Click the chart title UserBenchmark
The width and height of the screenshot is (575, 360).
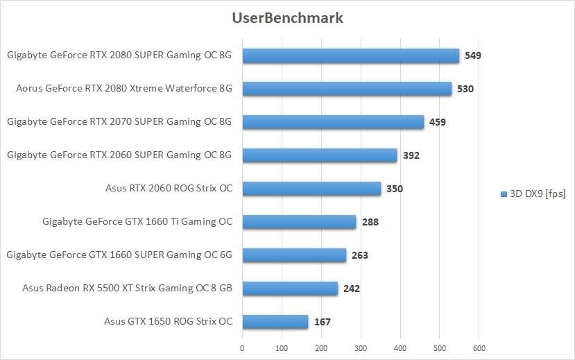coord(287,18)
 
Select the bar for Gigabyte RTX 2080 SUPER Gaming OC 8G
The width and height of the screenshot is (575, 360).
coord(350,55)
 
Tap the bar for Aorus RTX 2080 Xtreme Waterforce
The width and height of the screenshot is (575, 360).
coord(347,89)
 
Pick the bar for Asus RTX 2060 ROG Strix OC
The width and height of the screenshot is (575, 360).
coord(311,189)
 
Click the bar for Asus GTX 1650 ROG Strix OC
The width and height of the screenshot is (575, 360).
coord(275,322)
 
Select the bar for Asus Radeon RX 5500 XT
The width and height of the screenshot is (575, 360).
coord(290,289)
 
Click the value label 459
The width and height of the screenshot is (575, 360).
coord(437,122)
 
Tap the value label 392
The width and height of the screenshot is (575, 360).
coord(411,155)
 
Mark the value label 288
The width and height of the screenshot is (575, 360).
coord(370,222)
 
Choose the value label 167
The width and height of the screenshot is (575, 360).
coord(322,322)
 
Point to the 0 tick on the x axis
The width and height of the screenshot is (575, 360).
coord(242,348)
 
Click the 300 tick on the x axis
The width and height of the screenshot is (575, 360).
coord(361,348)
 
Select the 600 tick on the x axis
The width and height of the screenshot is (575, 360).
coord(479,348)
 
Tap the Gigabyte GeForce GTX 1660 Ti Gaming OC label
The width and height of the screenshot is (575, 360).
coord(137,222)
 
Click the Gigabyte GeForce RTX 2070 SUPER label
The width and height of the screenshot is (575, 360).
coord(119,122)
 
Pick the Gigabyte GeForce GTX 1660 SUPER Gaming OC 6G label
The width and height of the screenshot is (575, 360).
coord(119,255)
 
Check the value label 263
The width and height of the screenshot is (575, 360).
coord(359,255)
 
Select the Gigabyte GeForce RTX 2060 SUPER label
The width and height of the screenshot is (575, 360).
coord(119,155)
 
